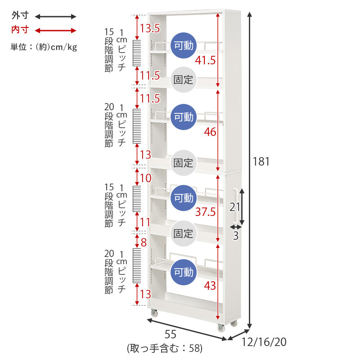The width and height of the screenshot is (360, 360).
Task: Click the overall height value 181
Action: click(x=261, y=162)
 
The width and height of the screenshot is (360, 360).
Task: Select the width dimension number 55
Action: click(x=171, y=334)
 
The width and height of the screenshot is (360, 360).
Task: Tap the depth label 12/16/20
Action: click(x=264, y=342)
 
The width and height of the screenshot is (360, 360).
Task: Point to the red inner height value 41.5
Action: click(x=205, y=60)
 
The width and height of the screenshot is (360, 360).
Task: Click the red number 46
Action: click(x=210, y=132)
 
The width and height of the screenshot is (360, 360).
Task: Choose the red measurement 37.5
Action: click(x=205, y=211)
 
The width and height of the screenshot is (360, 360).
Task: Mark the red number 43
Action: click(x=210, y=286)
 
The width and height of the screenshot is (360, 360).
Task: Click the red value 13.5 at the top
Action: click(x=150, y=28)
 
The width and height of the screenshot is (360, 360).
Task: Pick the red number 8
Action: click(x=144, y=243)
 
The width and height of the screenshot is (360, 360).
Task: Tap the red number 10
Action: click(x=145, y=178)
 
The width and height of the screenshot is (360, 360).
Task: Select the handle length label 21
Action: click(x=234, y=207)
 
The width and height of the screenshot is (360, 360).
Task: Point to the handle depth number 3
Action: click(x=235, y=236)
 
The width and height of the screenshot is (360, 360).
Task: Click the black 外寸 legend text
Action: click(x=20, y=15)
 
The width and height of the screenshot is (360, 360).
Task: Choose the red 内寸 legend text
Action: click(x=20, y=30)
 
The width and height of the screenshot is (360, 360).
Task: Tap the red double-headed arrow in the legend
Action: click(x=55, y=31)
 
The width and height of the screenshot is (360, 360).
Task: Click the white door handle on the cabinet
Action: click(x=235, y=206)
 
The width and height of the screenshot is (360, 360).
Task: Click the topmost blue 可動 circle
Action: click(x=184, y=45)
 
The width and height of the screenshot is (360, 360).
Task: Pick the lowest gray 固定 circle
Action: click(x=184, y=234)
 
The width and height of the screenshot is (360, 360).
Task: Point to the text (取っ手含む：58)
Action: click(x=165, y=348)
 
